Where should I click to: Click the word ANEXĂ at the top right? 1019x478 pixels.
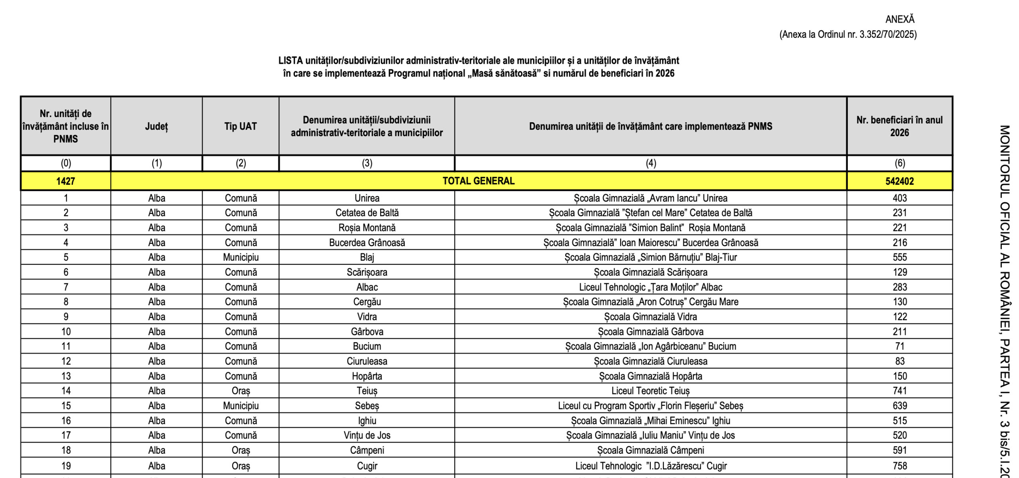pos(900,19)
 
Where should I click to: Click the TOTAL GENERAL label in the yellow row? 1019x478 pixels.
pos(478,181)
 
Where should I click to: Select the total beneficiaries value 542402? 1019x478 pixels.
pos(900,181)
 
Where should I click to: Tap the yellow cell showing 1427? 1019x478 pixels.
pos(66,181)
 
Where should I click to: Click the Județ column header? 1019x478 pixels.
pos(156,126)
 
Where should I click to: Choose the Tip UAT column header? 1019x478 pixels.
pos(240,126)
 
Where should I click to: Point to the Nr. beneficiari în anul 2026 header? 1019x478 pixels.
pos(900,126)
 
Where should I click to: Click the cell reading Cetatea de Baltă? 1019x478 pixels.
pos(367,213)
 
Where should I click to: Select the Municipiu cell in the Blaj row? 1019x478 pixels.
pos(241,257)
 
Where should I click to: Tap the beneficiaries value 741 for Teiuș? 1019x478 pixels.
pos(900,391)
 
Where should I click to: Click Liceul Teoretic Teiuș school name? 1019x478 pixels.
pos(650,391)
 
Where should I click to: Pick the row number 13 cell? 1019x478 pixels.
pos(66,376)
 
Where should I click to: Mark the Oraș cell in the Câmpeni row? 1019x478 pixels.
pos(241,450)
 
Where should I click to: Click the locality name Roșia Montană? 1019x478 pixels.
pos(367,228)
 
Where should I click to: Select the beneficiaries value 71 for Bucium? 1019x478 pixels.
pos(900,346)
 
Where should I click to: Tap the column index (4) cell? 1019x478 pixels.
pos(650,163)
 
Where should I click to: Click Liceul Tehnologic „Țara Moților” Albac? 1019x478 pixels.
pos(650,287)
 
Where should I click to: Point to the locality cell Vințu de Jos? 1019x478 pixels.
pos(367,435)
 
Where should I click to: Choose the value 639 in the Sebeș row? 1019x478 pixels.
pos(900,406)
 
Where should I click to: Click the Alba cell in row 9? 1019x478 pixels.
pos(156,317)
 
